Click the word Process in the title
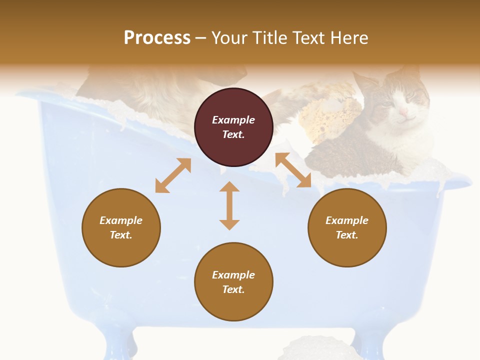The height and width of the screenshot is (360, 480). click(x=157, y=38)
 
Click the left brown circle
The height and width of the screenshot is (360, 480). click(x=121, y=227)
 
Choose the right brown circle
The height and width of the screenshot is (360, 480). click(x=347, y=227)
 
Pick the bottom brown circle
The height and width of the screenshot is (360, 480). click(x=233, y=281)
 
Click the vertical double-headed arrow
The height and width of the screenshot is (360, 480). click(x=229, y=205)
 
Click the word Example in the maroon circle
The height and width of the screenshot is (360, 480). click(x=233, y=120)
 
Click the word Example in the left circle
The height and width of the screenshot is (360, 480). click(x=121, y=220)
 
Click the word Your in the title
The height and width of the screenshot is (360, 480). click(x=229, y=38)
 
